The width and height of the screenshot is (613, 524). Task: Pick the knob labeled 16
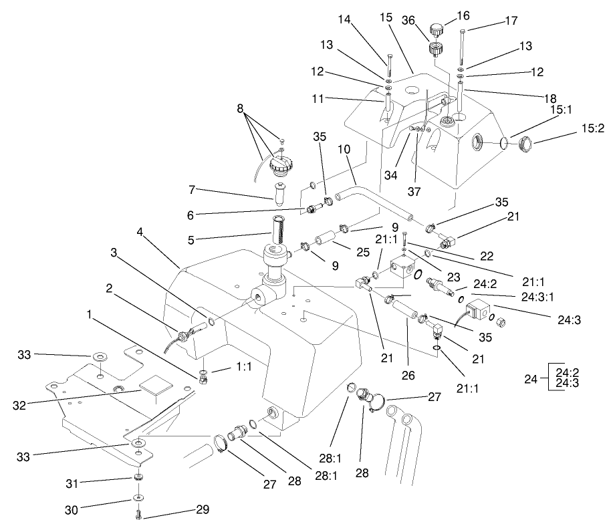point(438,30)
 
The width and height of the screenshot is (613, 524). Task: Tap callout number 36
point(409,21)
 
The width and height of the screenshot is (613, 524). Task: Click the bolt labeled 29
point(138,515)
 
